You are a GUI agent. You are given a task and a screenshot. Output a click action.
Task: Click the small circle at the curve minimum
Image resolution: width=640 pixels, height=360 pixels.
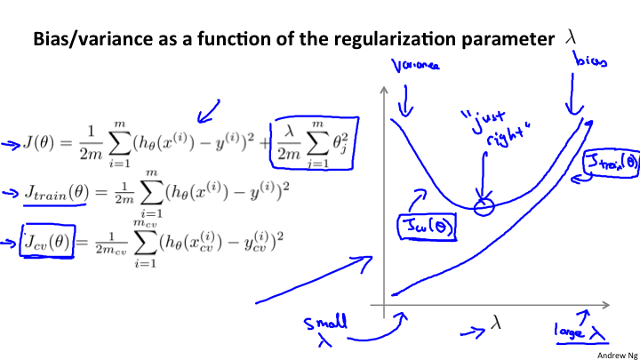point(483,207)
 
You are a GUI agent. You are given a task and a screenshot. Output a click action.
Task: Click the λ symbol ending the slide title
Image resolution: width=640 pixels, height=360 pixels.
point(571,38)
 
